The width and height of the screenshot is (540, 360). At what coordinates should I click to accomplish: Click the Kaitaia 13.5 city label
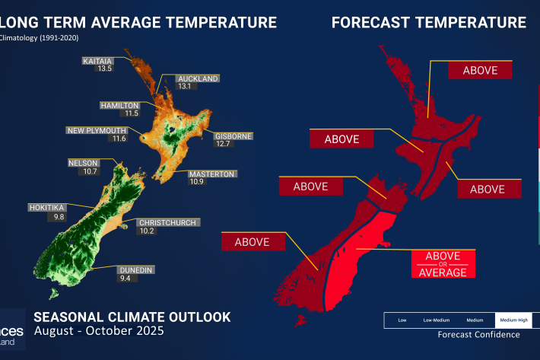point(104,63)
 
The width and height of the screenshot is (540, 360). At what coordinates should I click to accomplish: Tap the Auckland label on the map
point(198,82)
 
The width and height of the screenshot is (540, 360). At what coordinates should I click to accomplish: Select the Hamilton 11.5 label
point(119,109)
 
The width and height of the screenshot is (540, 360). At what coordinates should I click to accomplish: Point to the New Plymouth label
point(97,134)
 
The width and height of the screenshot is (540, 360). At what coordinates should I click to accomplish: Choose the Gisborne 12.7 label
point(233,140)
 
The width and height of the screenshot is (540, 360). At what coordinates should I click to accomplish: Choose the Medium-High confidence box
point(516,320)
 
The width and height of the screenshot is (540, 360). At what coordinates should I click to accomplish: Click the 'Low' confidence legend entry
point(402,320)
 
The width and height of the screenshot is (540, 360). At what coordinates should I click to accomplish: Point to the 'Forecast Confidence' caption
point(478,334)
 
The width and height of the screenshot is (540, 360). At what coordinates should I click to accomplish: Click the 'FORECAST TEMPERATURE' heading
point(428,23)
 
